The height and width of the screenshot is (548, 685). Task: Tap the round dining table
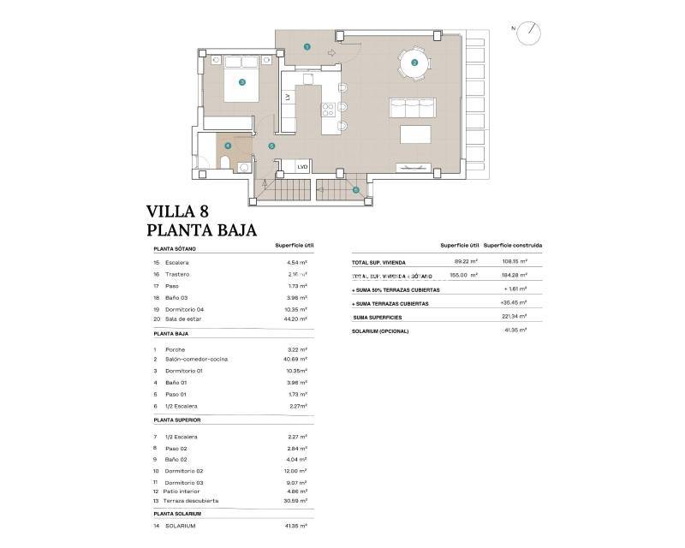[x=414, y=62]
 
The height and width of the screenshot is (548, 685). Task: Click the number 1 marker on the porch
[x=307, y=47]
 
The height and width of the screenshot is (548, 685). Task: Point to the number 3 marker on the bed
[x=242, y=82]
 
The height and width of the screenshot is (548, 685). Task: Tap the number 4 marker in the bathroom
[x=228, y=146]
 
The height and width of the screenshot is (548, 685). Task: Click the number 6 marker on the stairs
[x=355, y=190]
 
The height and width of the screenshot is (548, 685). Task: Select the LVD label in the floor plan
[x=301, y=167]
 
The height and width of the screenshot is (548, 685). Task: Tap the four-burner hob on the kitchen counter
[x=327, y=110]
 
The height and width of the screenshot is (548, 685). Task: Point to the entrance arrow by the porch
[x=331, y=52]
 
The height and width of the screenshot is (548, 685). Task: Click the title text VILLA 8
[x=177, y=211]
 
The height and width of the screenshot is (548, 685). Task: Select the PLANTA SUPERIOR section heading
[x=176, y=421]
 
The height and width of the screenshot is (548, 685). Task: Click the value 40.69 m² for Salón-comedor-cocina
[x=295, y=360]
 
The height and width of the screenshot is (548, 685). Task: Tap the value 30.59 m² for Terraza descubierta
[x=295, y=500]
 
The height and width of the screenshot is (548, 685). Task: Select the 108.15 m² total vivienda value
[x=514, y=262]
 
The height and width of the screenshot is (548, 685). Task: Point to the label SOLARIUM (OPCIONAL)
[x=381, y=331]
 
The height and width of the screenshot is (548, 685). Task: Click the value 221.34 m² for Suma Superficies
[x=514, y=317]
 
